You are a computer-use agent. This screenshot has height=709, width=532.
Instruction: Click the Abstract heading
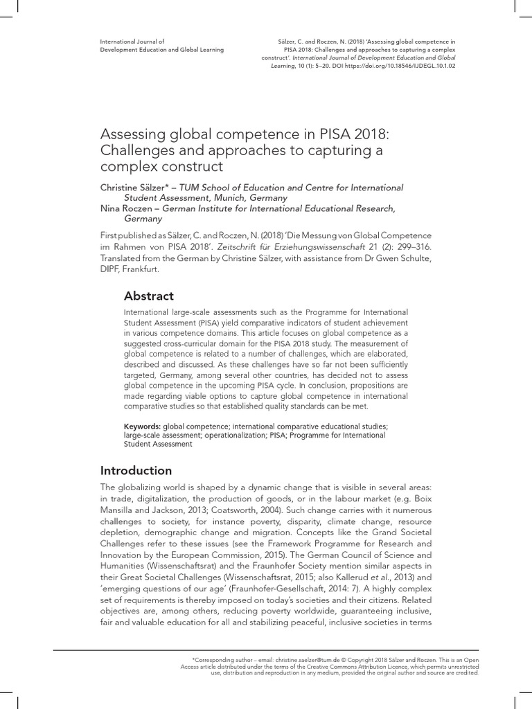coord(148,296)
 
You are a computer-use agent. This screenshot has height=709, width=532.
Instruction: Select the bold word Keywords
coord(142,425)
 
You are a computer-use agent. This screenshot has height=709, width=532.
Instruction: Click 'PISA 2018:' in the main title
coord(335,134)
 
